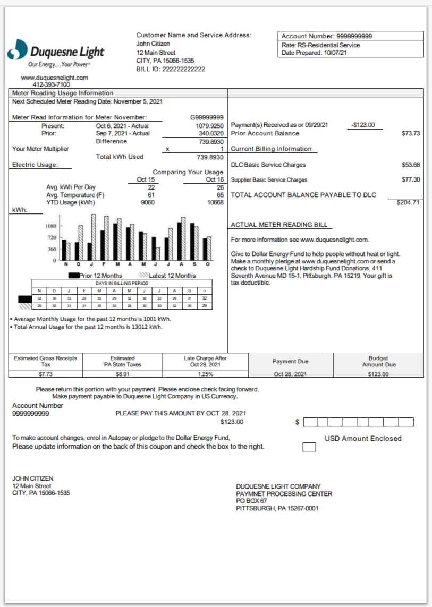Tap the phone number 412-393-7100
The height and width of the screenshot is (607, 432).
51,84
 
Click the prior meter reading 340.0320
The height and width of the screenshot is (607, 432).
211,133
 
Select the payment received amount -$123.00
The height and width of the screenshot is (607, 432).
363,125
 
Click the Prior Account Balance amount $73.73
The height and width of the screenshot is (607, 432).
411,133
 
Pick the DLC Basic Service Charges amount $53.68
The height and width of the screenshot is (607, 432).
411,165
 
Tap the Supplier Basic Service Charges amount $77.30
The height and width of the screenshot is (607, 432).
411,180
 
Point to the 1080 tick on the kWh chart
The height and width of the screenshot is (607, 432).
50,226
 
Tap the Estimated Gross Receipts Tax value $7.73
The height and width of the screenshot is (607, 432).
46,374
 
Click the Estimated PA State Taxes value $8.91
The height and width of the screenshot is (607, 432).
122,374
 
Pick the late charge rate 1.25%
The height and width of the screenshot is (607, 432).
205,374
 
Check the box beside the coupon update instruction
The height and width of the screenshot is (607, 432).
309,447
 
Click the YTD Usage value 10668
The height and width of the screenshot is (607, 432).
215,202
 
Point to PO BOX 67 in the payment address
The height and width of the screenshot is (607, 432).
251,501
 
